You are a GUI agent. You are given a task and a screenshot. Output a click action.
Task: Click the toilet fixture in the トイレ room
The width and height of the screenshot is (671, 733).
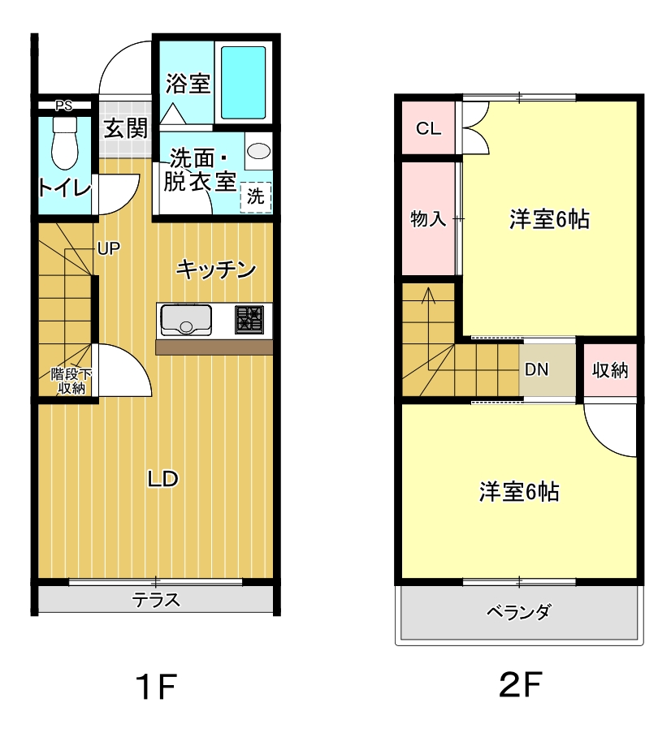[x=65, y=143]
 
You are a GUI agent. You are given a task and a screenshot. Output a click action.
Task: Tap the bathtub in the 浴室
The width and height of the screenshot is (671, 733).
[x=244, y=83]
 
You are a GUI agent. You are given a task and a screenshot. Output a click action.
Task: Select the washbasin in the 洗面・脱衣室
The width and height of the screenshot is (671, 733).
[x=258, y=150]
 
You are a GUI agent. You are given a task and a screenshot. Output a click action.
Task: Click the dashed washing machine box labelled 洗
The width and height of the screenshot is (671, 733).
[x=256, y=196]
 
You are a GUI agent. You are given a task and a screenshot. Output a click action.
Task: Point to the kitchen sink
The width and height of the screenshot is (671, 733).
[x=186, y=320]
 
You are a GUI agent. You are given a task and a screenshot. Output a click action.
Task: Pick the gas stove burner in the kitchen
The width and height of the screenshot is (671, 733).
[x=249, y=319]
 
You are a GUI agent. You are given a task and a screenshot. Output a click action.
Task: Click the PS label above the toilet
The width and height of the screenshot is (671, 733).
[x=64, y=106]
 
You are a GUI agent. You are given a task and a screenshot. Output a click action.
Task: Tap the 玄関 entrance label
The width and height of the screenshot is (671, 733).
[x=126, y=128]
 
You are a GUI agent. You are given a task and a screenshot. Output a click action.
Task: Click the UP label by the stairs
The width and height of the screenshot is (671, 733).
[x=109, y=248]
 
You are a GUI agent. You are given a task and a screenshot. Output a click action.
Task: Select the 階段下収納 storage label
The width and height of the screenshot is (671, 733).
[x=71, y=381]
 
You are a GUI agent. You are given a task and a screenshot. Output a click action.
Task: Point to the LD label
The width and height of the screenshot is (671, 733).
[x=162, y=479]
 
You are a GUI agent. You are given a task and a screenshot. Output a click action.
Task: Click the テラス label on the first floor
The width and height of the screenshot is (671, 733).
[x=156, y=600]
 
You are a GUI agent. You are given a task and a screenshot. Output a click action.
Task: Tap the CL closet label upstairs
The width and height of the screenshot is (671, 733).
[x=428, y=128]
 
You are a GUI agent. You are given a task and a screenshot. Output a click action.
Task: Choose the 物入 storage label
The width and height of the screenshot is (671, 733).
[x=428, y=218]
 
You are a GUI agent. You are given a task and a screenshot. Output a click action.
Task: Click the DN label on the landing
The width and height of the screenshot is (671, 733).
[x=536, y=370]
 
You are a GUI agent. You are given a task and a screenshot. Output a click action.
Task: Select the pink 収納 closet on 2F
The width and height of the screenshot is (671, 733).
[x=610, y=370]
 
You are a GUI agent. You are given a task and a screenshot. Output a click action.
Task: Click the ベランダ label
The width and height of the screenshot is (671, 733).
[x=519, y=611]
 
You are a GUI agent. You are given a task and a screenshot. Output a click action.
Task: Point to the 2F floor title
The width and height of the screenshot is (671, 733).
[x=520, y=684]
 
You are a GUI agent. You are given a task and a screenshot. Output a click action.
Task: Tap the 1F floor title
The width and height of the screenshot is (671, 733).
[x=156, y=686]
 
